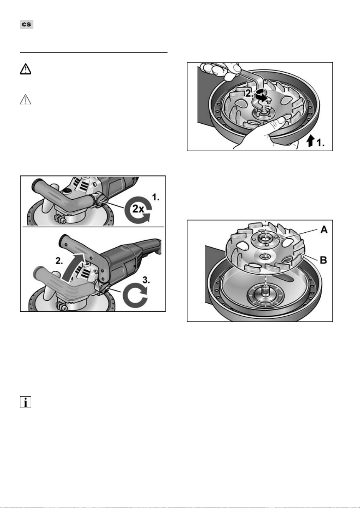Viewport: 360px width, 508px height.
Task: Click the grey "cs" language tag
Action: click(x=27, y=24)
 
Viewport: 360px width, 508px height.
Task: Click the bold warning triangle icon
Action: click(x=25, y=69)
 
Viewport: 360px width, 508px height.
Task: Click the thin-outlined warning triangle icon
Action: click(x=25, y=100)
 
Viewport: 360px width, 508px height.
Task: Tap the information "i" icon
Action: click(x=25, y=402)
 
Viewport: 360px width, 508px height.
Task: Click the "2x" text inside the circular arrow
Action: click(x=138, y=208)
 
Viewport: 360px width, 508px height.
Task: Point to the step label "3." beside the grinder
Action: click(x=146, y=280)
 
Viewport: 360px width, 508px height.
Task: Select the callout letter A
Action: click(x=324, y=230)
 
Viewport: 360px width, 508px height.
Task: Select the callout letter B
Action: click(x=323, y=260)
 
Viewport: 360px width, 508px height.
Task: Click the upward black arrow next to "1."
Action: click(x=310, y=141)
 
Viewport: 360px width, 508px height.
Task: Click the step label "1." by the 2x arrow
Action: click(x=155, y=197)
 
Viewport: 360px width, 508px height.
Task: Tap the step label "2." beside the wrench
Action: click(x=249, y=93)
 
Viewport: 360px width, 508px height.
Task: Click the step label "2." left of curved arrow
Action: click(x=59, y=261)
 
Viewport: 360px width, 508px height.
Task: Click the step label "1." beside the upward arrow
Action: click(x=320, y=143)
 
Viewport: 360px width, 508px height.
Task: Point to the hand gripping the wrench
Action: click(x=218, y=70)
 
